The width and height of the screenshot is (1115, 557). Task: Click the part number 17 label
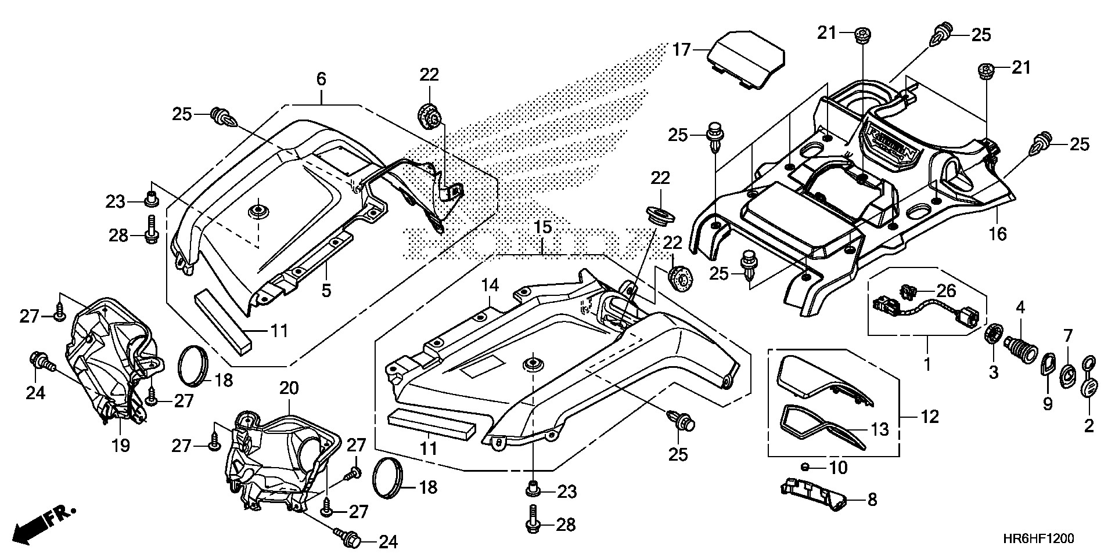click(682, 49)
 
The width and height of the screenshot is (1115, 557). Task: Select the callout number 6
click(321, 79)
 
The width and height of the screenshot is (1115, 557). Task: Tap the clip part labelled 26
click(908, 288)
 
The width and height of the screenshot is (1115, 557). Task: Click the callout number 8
click(871, 500)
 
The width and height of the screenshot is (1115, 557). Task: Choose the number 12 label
click(929, 417)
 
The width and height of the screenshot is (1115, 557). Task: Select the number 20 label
click(289, 388)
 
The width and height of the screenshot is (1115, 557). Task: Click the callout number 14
click(490, 285)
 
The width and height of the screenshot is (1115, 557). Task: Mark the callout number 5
click(326, 290)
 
